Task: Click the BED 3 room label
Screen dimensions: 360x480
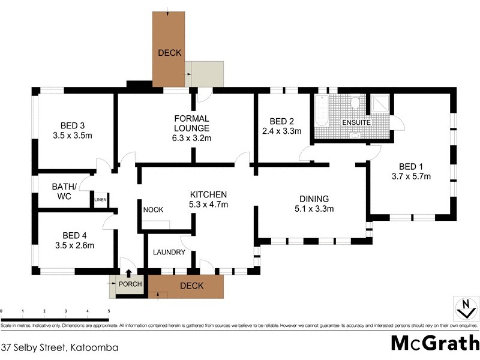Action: tap(73, 125)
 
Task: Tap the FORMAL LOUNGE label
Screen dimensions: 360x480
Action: tap(191, 123)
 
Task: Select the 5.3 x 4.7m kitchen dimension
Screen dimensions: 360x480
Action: tap(208, 204)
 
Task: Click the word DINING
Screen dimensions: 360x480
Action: tap(314, 199)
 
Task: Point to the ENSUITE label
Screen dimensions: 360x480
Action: tap(356, 122)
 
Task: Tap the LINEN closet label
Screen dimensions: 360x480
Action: tap(100, 200)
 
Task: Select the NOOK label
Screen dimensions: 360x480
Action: tap(153, 209)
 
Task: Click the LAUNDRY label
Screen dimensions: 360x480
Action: tap(169, 252)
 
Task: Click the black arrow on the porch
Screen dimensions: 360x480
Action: tap(127, 274)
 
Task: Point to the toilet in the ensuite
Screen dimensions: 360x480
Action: tap(355, 103)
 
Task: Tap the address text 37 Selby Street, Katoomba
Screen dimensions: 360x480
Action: tap(59, 347)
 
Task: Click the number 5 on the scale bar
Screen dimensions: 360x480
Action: tap(109, 311)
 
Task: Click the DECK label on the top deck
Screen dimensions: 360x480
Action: tap(169, 53)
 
